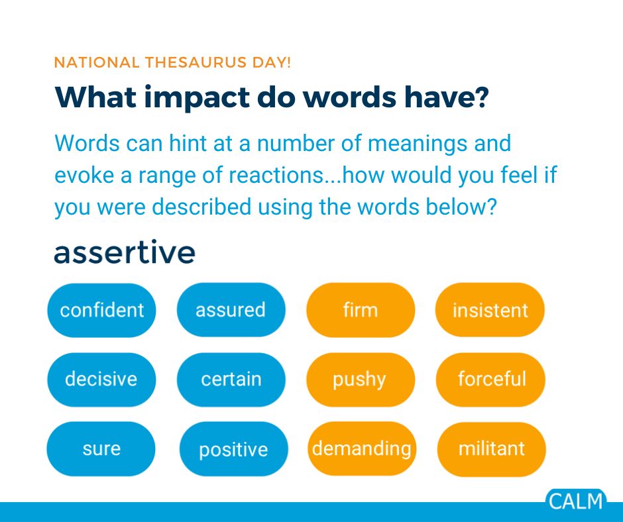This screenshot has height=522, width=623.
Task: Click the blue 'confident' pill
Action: pos(101,310)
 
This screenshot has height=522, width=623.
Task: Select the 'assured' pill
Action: pos(231,310)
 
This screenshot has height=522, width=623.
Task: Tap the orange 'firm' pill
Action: pos(360,310)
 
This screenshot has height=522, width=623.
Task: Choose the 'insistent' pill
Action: pos(490,310)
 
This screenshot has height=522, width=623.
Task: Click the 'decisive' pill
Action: pos(101,380)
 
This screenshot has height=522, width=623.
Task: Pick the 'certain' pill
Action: pos(231,380)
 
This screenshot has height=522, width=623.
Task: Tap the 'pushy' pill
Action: pos(360,380)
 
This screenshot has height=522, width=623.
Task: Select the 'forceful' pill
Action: pos(490,380)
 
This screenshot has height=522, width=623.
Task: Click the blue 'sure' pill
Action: pos(101,449)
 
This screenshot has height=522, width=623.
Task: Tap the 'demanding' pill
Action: pos(361,449)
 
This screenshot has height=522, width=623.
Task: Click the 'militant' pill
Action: pos(491,449)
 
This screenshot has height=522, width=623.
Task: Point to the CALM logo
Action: pos(576,500)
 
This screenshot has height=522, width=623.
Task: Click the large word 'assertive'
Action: pos(125,252)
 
